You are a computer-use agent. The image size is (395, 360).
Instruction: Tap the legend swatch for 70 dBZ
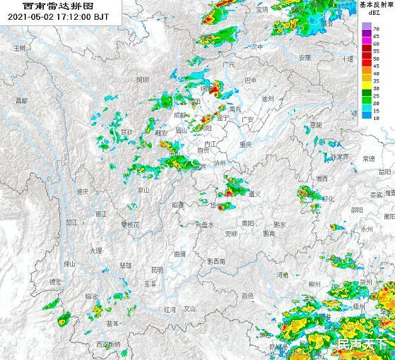pyautogui.click(x=365, y=26)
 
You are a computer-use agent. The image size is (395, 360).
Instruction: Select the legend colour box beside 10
pyautogui.click(x=365, y=117)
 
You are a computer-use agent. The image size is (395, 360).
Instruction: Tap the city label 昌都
pyautogui.click(x=21, y=101)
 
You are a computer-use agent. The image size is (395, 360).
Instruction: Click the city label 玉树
pyautogui.click(x=20, y=48)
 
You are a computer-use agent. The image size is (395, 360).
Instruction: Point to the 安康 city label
pyautogui.click(x=305, y=57)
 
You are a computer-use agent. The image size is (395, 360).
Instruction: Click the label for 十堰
pyautogui.click(x=347, y=59)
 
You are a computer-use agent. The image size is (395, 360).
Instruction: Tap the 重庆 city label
pyautogui.click(x=245, y=144)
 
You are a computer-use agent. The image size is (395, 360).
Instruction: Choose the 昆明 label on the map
pyautogui.click(x=157, y=269)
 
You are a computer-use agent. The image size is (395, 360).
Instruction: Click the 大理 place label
pyautogui.click(x=96, y=251)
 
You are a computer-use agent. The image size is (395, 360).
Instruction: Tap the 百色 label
pyautogui.click(x=247, y=296)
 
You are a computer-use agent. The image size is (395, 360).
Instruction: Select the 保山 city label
pyautogui.click(x=69, y=263)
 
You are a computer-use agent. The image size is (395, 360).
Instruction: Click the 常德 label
pyautogui.click(x=368, y=159)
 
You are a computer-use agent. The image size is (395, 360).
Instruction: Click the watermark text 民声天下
pyautogui.click(x=362, y=344)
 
